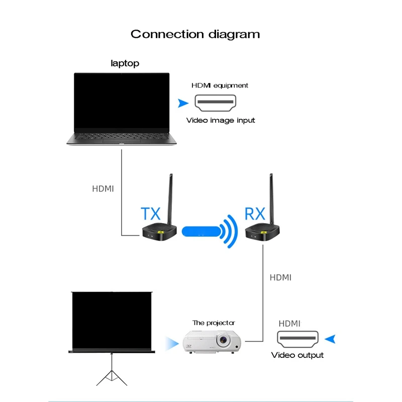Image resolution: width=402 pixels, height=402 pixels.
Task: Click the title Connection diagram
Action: (x=195, y=34)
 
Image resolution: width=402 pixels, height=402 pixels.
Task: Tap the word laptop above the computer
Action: (x=125, y=64)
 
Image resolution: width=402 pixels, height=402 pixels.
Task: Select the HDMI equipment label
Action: (x=220, y=85)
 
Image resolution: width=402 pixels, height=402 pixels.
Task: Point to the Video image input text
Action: (x=221, y=121)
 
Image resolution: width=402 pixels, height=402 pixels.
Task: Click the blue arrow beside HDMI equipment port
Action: (x=182, y=104)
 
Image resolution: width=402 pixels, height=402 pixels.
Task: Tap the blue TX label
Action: (x=150, y=214)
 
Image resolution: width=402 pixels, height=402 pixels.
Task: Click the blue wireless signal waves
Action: (x=231, y=231)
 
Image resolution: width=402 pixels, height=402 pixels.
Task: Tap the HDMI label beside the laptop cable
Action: (x=103, y=189)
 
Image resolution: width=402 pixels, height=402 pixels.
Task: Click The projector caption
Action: (x=214, y=323)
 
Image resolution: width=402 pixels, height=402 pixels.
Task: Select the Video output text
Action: (x=297, y=355)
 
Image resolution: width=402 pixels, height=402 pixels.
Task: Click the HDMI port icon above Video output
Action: (x=297, y=340)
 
